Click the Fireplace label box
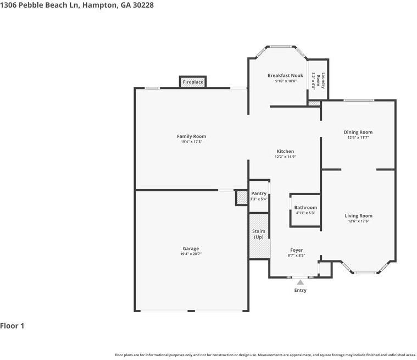(x=193, y=82)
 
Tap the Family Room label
(x=191, y=136)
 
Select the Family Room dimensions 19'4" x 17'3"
(x=191, y=142)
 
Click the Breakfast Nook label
(x=285, y=75)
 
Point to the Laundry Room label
(x=324, y=81)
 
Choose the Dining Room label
(x=358, y=132)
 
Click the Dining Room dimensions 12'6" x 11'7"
(x=358, y=137)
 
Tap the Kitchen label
(x=285, y=151)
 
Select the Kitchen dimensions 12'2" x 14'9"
(x=285, y=157)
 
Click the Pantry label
(x=259, y=193)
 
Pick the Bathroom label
(x=305, y=207)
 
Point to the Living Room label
(x=358, y=216)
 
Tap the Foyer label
(x=296, y=250)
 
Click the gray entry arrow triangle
(x=300, y=283)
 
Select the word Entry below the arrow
(x=300, y=290)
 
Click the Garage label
(x=191, y=248)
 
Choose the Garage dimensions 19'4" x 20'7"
(x=191, y=254)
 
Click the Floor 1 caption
(x=12, y=326)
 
